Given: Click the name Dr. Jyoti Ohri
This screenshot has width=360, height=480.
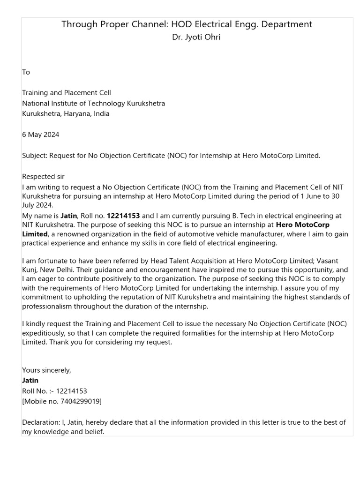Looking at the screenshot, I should pyautogui.click(x=196, y=37).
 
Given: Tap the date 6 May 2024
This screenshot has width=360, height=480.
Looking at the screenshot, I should pyautogui.click(x=41, y=135).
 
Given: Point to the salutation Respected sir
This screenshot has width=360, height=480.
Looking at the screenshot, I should pyautogui.click(x=43, y=177).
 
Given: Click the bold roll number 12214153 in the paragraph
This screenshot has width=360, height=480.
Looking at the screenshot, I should pyautogui.click(x=123, y=216).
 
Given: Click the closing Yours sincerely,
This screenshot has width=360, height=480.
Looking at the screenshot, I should pyautogui.click(x=47, y=370).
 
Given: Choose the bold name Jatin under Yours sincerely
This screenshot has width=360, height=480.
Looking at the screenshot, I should pyautogui.click(x=30, y=380).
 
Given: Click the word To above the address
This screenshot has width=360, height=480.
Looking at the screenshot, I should pyautogui.click(x=26, y=72).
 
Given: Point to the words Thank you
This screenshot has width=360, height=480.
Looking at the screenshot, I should pyautogui.click(x=65, y=342).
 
